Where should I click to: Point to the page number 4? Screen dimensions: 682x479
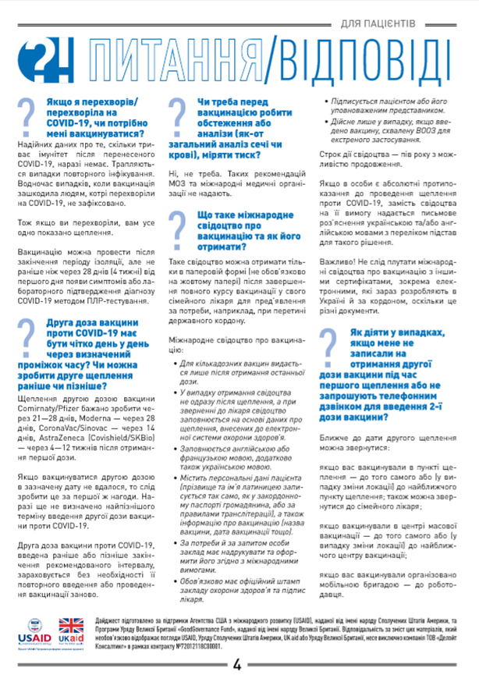(x=237, y=665)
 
